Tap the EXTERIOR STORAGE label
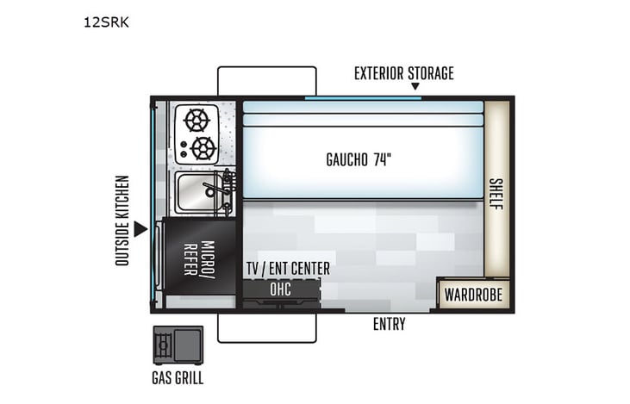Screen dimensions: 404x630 click(x=403, y=73)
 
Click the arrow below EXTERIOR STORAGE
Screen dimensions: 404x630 click(x=415, y=87)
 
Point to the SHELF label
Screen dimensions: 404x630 click(x=496, y=197)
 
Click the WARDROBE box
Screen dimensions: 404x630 click(x=473, y=295)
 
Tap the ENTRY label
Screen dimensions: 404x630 click(x=389, y=325)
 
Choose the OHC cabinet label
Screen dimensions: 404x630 click(x=281, y=289)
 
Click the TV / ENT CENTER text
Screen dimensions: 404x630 click(x=288, y=269)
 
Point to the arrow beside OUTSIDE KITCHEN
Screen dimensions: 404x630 click(x=140, y=229)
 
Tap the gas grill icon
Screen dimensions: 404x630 click(x=178, y=345)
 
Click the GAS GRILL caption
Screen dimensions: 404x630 click(x=177, y=377)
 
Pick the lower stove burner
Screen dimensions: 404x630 click(x=203, y=148)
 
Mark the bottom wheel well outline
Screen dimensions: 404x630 click(x=267, y=328)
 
